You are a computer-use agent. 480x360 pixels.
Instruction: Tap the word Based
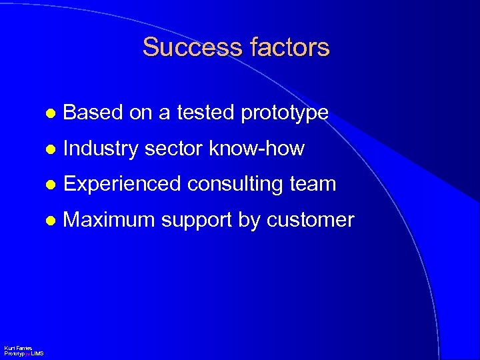pos(93,113)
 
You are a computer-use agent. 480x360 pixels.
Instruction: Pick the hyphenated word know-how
pos(257,149)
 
